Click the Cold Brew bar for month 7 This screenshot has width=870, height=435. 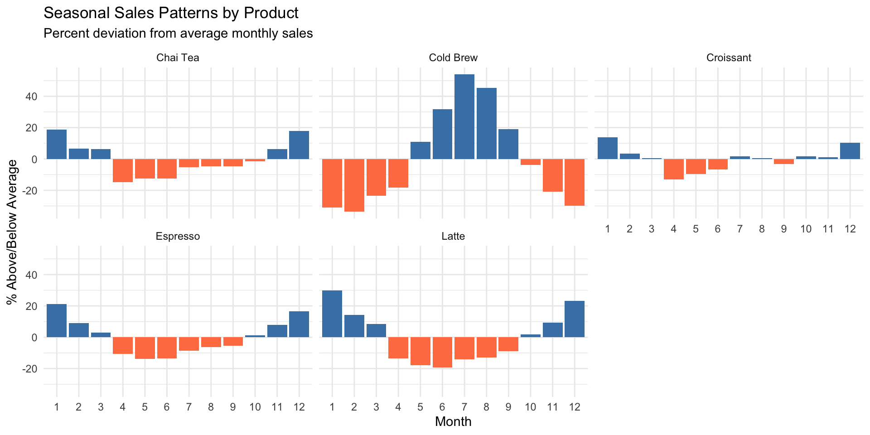[464, 116]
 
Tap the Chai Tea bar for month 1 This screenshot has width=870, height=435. [57, 144]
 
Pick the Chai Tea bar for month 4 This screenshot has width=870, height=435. [123, 170]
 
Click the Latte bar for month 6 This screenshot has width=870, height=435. [442, 352]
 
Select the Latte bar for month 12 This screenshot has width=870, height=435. [575, 319]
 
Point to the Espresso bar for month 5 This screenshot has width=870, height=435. [145, 348]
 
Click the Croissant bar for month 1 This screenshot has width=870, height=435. [608, 148]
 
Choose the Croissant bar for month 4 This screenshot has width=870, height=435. [674, 169]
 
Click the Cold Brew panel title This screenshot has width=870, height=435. [453, 58]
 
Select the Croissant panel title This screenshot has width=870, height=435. [729, 58]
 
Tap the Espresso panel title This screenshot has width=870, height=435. [178, 237]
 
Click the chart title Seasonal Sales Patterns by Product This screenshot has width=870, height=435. [171, 13]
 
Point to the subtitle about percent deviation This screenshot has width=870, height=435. [178, 34]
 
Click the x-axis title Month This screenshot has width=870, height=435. [453, 422]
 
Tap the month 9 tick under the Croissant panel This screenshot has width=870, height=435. [784, 229]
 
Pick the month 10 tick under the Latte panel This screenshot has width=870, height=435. [530, 407]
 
